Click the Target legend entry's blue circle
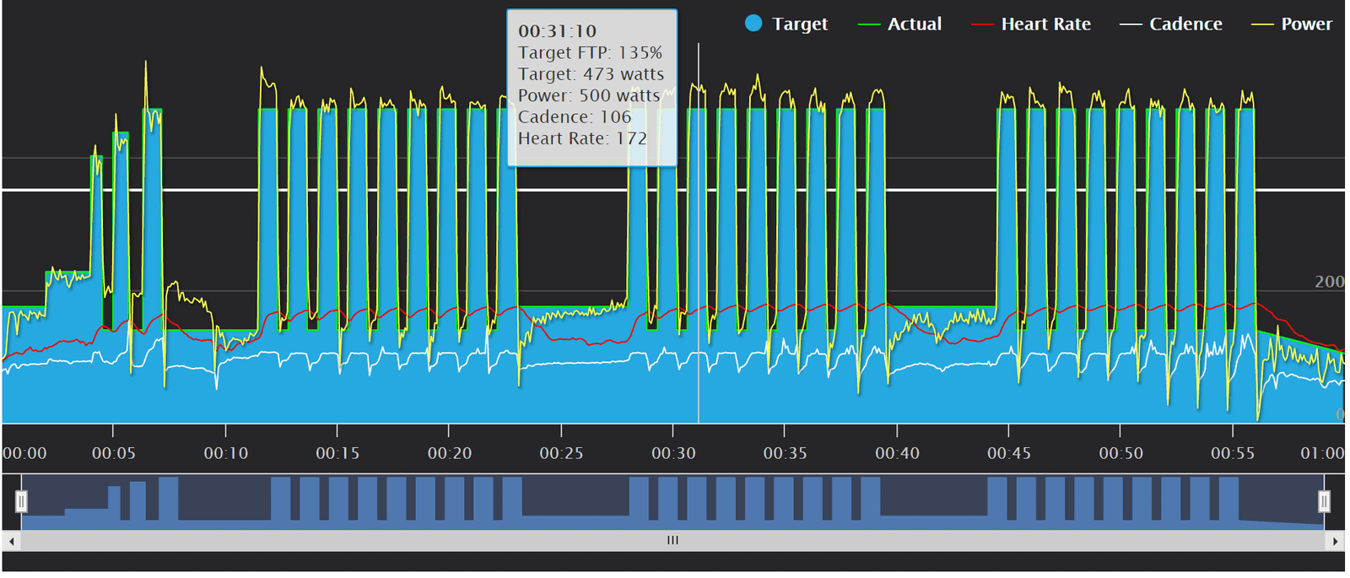[x=753, y=24]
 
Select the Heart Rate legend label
[x=1045, y=24]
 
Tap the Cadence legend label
[x=1185, y=24]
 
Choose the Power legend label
[x=1306, y=24]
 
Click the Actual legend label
[x=914, y=24]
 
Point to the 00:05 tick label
[x=113, y=453]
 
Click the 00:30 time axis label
[x=673, y=453]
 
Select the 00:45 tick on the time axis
[x=1009, y=453]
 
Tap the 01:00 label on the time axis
[x=1321, y=453]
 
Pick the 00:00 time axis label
[x=24, y=453]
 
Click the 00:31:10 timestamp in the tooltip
[x=557, y=31]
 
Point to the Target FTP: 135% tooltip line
[x=590, y=52]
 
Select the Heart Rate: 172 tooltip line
[x=582, y=138]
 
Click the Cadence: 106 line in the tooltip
[x=574, y=117]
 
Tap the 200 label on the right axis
[x=1329, y=282]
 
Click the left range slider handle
[x=21, y=502]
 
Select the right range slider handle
[x=1324, y=502]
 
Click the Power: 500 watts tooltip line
[x=588, y=95]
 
